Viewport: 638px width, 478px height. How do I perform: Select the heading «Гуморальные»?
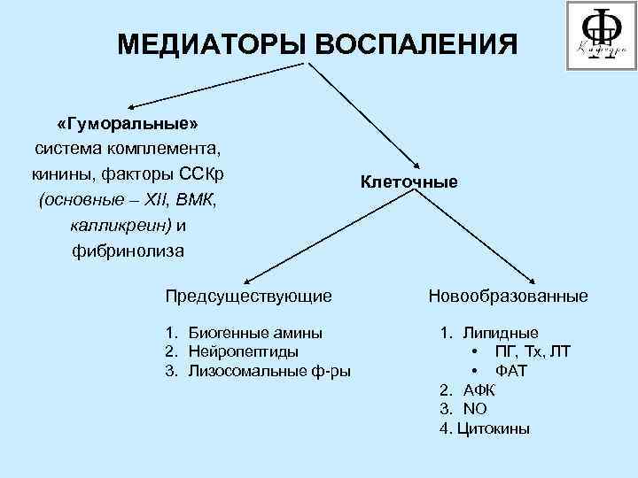click(x=127, y=121)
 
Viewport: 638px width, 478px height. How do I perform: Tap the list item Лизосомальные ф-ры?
click(x=268, y=370)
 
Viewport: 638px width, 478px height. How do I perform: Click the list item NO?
click(x=475, y=409)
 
